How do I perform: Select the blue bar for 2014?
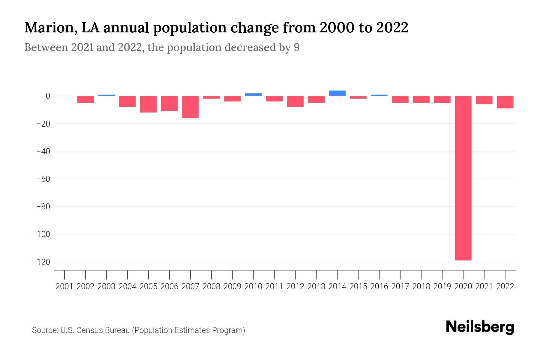(337, 93)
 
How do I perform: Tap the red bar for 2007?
(190, 107)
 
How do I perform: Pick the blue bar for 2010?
(253, 94)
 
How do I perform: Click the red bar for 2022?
(505, 102)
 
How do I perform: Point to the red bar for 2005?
(148, 104)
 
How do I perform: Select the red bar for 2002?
(85, 99)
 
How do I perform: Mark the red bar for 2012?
(295, 101)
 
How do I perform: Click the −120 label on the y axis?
(41, 262)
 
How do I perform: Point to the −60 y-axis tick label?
(43, 179)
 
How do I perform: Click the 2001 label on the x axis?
(64, 286)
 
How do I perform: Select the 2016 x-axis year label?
(379, 286)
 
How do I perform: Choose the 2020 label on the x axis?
(463, 286)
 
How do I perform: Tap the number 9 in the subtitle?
(296, 47)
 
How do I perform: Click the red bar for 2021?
(484, 100)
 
